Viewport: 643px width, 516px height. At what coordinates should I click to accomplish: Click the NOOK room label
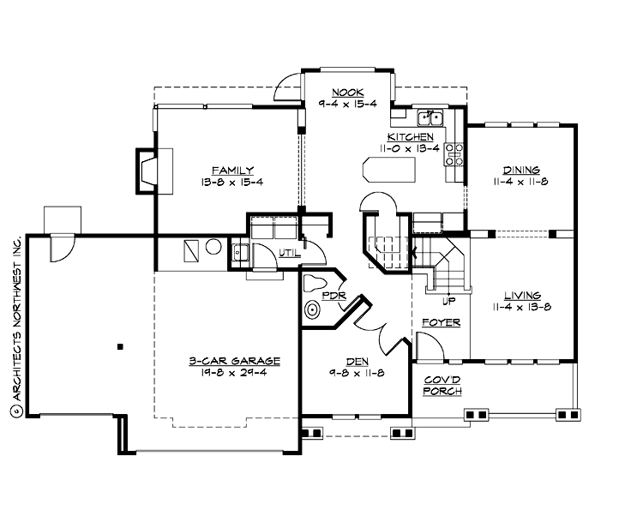click(348, 91)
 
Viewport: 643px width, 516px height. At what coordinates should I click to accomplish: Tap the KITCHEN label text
click(410, 137)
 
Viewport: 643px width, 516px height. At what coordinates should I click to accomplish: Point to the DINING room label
click(521, 171)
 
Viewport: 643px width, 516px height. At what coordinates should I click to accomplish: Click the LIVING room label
click(521, 296)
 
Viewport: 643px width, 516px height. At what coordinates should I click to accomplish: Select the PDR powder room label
click(333, 296)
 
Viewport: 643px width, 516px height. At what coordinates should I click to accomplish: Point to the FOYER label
click(442, 322)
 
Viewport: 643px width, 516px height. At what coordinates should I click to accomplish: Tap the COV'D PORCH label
click(442, 385)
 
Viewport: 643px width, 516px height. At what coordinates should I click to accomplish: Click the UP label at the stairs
click(448, 301)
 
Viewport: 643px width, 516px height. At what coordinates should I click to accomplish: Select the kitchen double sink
click(429, 117)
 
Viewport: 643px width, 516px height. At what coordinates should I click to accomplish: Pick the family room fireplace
click(144, 167)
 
